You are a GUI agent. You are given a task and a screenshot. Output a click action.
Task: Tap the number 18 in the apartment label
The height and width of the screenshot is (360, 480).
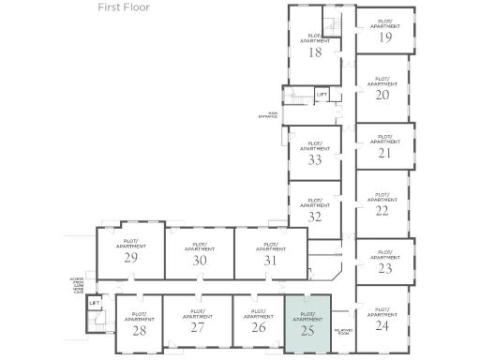pos(315,52)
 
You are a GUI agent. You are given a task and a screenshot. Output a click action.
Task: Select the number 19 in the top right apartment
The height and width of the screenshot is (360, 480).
pos(385,38)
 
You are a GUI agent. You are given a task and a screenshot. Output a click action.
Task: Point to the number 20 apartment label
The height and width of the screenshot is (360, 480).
pos(382,96)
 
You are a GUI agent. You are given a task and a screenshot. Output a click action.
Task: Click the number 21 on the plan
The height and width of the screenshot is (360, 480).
pos(384,153)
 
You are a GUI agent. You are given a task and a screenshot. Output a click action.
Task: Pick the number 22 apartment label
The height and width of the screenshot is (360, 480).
pos(382,210)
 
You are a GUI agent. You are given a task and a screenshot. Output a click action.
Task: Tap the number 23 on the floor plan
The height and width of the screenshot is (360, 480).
pos(384,268)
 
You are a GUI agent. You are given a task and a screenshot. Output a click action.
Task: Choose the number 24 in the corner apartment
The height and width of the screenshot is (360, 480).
pos(382,325)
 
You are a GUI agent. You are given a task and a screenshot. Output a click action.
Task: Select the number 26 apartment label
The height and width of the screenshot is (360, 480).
pos(258,327)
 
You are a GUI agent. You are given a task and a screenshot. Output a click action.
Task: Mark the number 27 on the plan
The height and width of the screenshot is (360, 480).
pos(197,327)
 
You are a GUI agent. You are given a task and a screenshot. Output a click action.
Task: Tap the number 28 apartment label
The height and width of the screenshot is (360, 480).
pos(139,330)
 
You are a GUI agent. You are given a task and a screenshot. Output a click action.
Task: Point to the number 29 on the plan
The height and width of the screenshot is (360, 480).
pos(131,257)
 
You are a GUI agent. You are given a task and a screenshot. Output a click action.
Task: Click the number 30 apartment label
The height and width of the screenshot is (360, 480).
pos(199,260)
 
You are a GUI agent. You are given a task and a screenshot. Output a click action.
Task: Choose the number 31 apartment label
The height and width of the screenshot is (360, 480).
pos(271,260)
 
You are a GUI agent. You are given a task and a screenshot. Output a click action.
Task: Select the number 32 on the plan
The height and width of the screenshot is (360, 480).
pos(315,217)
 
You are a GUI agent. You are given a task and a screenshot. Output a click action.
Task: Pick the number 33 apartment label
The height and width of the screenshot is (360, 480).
pos(315,159)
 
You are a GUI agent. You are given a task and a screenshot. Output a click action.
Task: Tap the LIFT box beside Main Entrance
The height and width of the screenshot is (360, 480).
pos(321,95)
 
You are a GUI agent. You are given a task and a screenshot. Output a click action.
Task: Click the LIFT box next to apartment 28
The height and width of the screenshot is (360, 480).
pos(94,304)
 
